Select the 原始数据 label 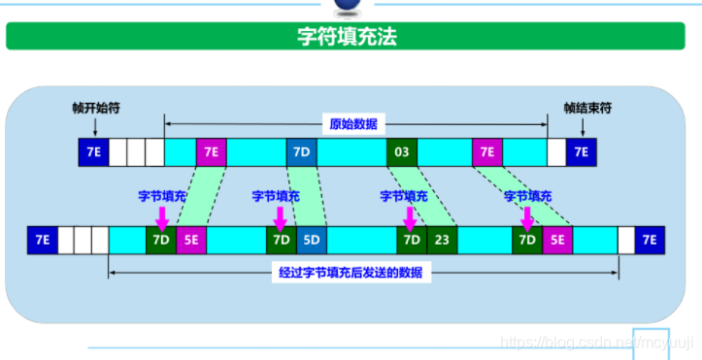[x=353, y=124]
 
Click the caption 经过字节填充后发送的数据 [x=351, y=273]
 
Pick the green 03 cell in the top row [x=401, y=152]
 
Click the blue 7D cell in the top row [x=301, y=152]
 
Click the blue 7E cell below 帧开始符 [x=93, y=152]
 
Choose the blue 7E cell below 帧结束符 [x=582, y=152]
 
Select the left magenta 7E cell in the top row [x=211, y=152]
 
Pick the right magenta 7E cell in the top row [x=487, y=152]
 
